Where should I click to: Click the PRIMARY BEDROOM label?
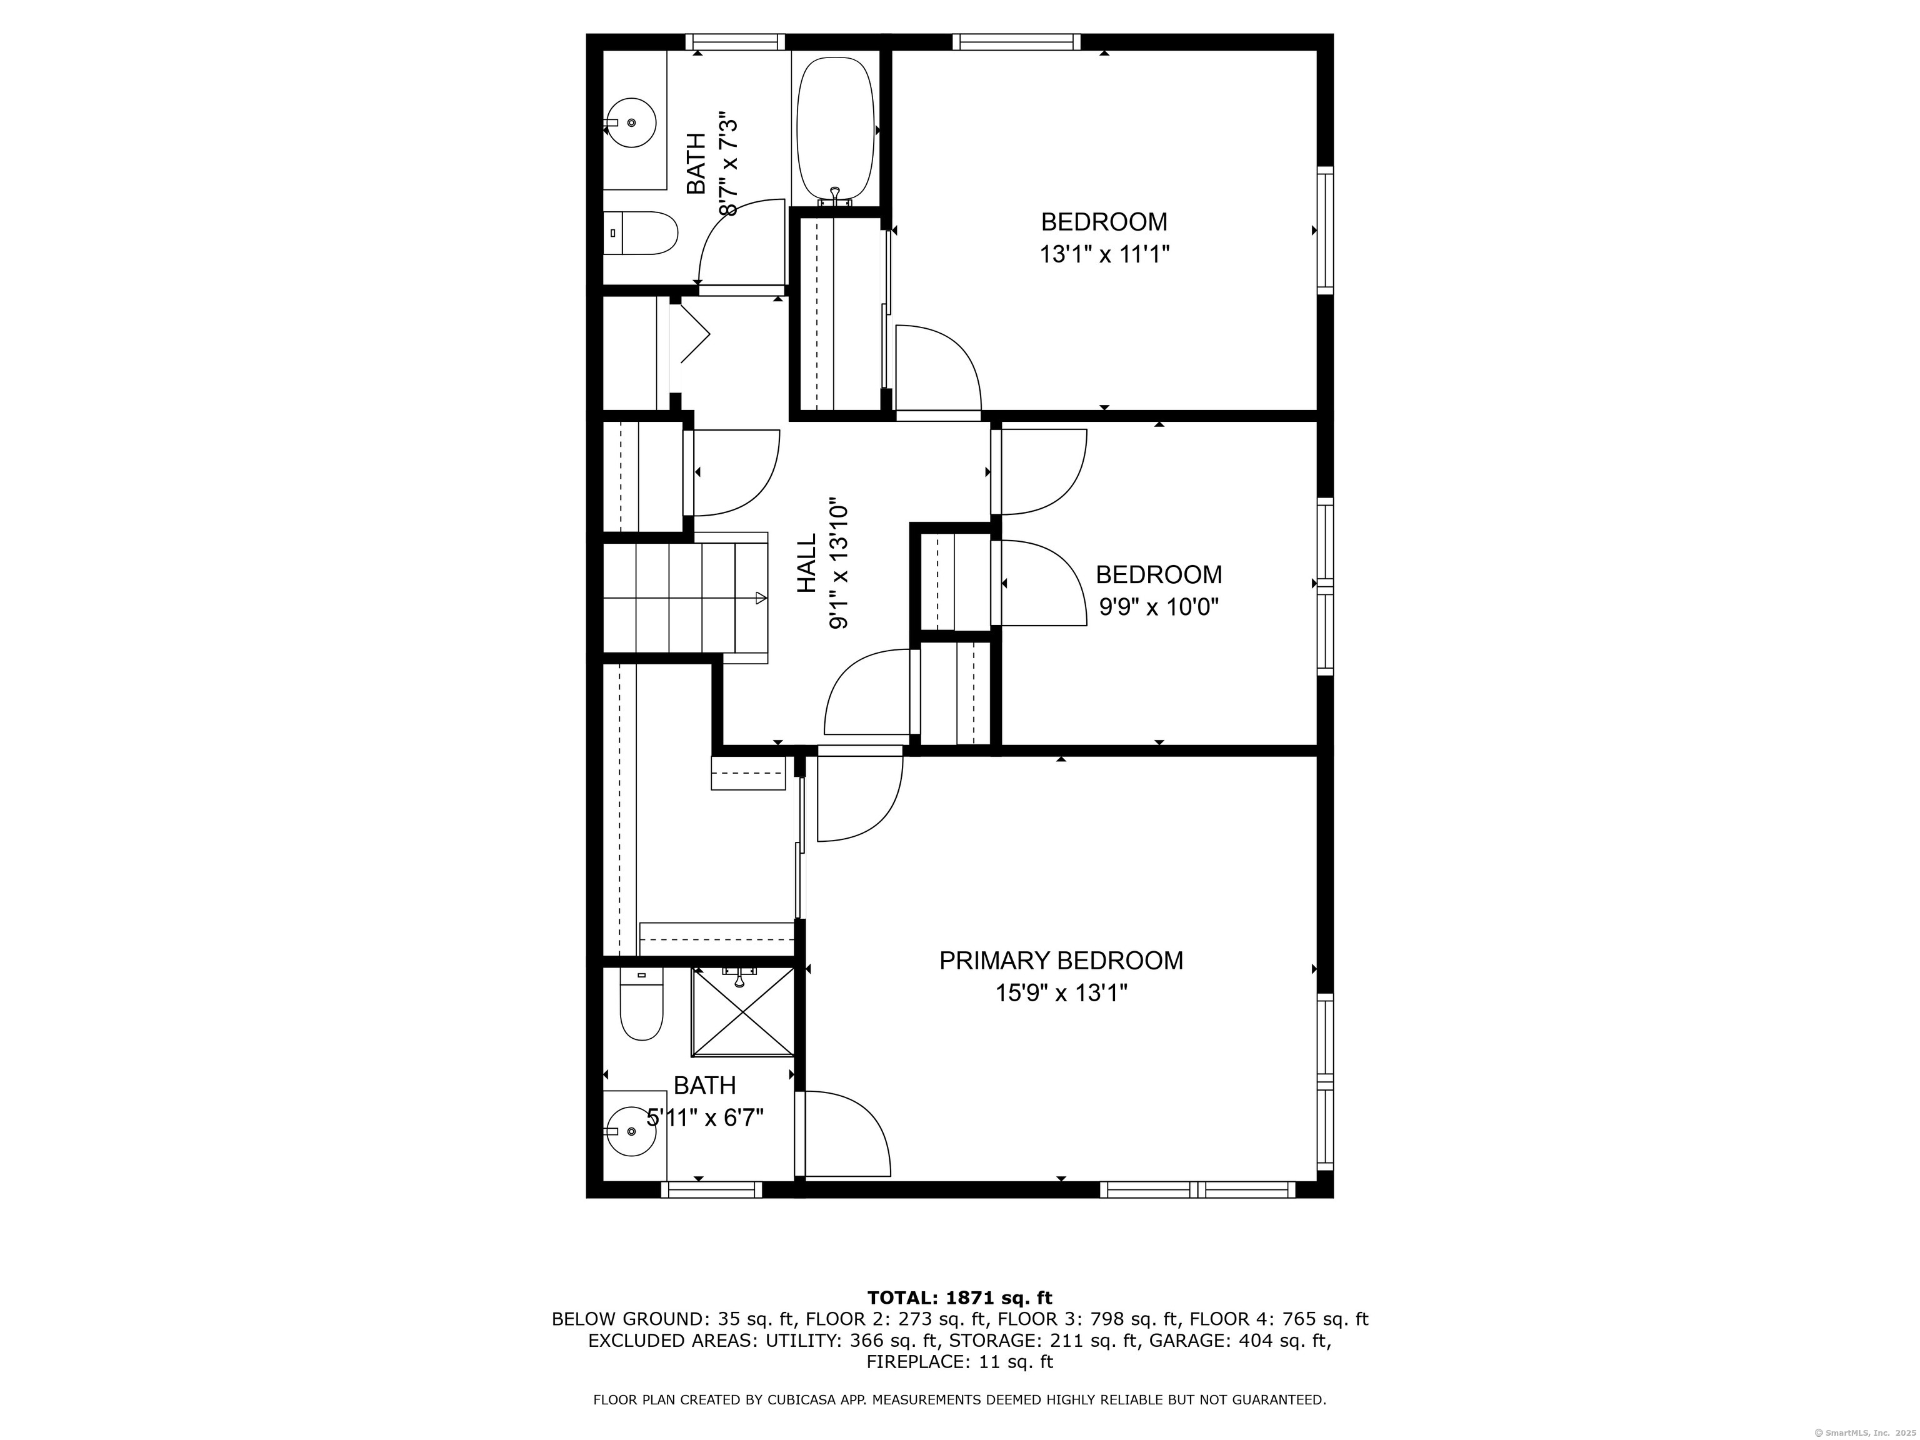[x=1061, y=960]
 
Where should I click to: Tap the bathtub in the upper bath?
[x=835, y=129]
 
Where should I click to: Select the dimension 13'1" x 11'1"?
[x=1104, y=255]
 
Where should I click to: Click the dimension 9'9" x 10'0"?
[x=1159, y=607]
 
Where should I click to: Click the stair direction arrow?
[x=761, y=597]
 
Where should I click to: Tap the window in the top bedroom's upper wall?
[x=1016, y=42]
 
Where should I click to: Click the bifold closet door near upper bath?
[x=692, y=334]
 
